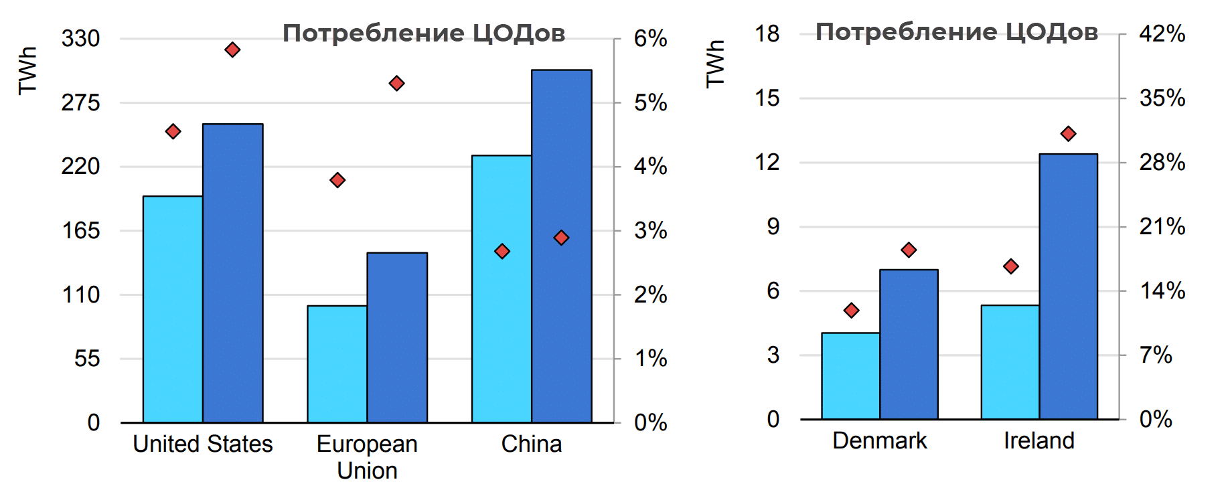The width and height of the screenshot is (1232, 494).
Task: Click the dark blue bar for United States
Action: click(x=232, y=273)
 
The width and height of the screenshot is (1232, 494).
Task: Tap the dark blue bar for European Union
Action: click(x=397, y=337)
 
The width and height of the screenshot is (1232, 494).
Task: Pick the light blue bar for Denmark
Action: click(x=850, y=376)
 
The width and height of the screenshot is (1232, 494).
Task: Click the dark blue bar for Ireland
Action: click(x=1068, y=286)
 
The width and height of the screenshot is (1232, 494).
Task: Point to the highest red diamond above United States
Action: click(x=232, y=50)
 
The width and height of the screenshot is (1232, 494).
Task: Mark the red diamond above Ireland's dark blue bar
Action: click(x=1068, y=134)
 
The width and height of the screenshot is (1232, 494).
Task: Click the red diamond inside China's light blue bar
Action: click(x=502, y=251)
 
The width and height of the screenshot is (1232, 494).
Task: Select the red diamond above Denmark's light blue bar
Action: click(x=851, y=310)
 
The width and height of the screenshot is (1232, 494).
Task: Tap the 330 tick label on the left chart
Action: click(x=80, y=38)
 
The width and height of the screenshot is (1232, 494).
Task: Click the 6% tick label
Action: click(x=650, y=38)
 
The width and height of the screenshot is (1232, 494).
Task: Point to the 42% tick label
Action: click(x=1162, y=33)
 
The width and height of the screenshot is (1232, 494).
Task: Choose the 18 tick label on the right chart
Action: click(x=767, y=33)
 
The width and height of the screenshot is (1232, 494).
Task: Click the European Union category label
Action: click(x=367, y=457)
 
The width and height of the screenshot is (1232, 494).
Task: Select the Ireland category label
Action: click(x=1038, y=440)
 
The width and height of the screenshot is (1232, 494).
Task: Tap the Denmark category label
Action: click(x=879, y=440)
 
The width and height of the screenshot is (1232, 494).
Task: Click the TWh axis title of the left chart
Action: click(x=27, y=70)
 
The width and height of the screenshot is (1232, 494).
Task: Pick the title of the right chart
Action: click(x=957, y=31)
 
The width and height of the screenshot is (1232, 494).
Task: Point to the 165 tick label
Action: click(x=80, y=230)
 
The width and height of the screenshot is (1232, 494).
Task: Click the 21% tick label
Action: click(x=1162, y=226)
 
